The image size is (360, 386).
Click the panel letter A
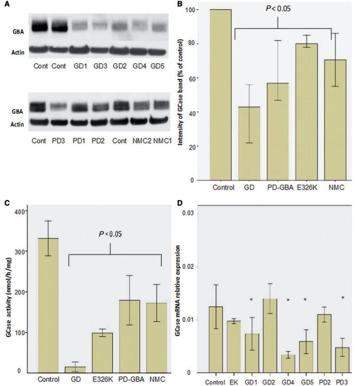[x=6, y=4]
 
